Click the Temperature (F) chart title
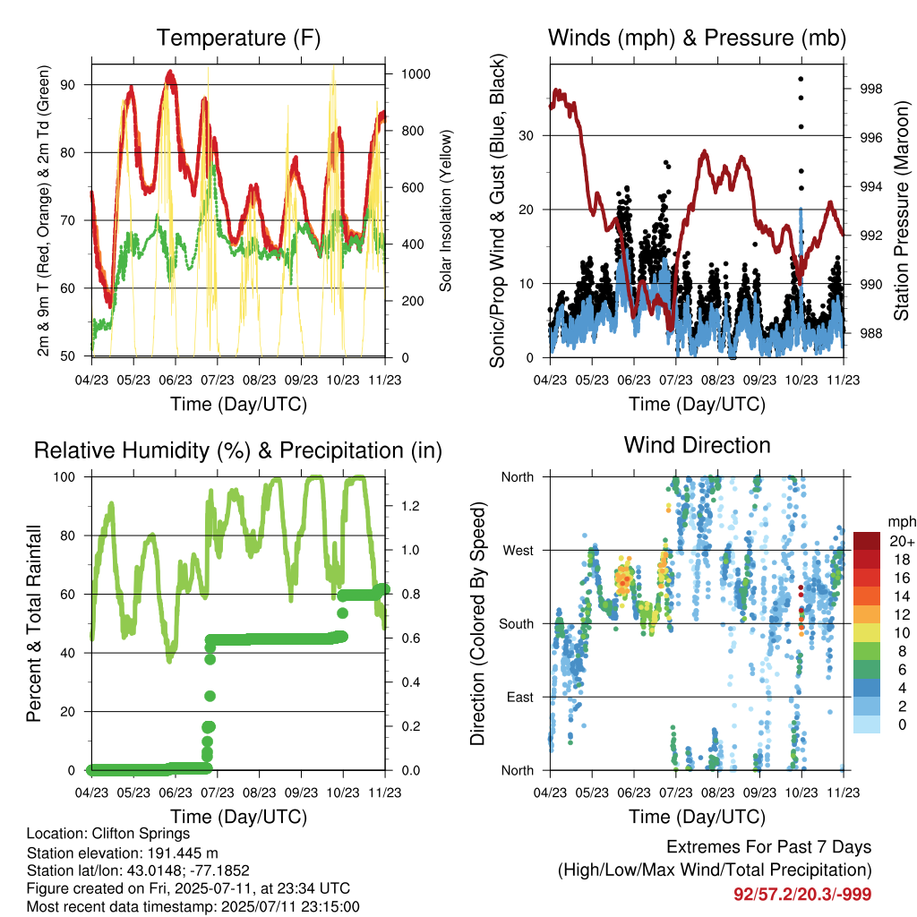238,38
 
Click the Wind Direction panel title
697,445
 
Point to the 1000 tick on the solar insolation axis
416,74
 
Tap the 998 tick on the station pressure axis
870,89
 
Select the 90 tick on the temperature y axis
68,85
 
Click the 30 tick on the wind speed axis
526,136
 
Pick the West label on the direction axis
518,551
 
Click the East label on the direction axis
520,697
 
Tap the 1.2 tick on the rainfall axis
410,506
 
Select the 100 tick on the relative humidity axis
64,476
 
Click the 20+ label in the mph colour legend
902,541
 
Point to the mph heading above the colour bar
902,522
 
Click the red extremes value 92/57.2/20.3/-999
802,895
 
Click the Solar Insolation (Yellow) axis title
446,210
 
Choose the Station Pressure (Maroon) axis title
901,210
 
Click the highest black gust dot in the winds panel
801,79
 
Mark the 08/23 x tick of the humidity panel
259,793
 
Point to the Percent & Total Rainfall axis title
34,623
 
